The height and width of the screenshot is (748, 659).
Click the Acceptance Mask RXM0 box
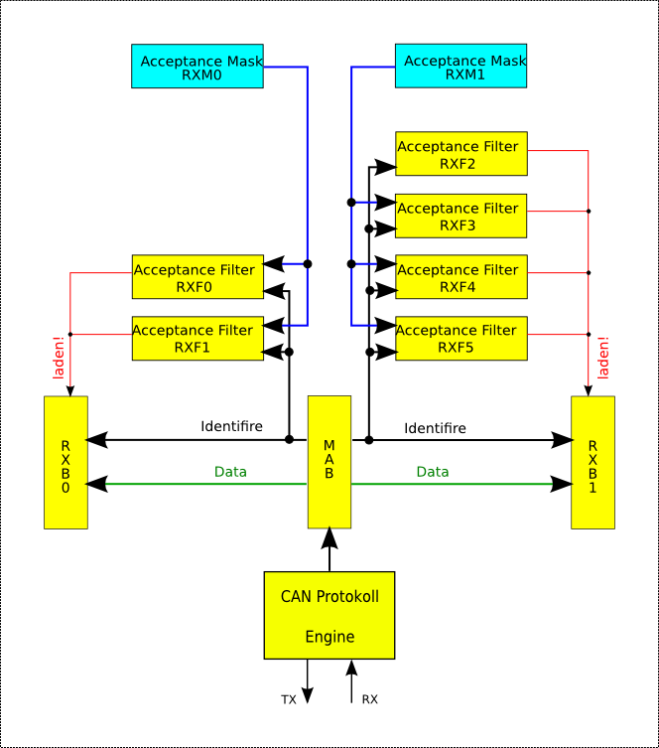click(x=198, y=67)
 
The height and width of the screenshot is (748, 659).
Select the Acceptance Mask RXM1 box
click(x=461, y=67)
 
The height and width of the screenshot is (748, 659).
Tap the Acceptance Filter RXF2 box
click(x=461, y=155)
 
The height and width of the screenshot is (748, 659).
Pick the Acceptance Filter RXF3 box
click(x=461, y=216)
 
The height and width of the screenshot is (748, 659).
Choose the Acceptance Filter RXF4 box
click(x=461, y=277)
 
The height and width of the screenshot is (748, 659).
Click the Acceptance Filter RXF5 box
click(x=461, y=339)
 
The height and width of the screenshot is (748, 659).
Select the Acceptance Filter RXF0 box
click(x=198, y=277)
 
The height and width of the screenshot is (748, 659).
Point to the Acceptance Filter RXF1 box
click(x=198, y=339)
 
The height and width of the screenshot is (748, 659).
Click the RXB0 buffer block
click(x=66, y=462)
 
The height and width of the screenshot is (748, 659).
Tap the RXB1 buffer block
click(x=593, y=462)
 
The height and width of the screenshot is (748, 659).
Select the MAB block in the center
click(x=329, y=462)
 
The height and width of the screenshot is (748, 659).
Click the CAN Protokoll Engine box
click(x=329, y=615)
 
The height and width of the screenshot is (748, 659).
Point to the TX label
click(x=289, y=700)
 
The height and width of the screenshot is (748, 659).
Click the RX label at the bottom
click(x=369, y=700)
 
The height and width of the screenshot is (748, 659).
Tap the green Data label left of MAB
click(x=230, y=472)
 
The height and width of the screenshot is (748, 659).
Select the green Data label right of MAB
click(x=432, y=472)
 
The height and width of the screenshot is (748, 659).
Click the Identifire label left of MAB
click(x=231, y=427)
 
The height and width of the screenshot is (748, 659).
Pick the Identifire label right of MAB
click(x=435, y=429)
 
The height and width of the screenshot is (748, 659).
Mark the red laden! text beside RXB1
click(x=602, y=362)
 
